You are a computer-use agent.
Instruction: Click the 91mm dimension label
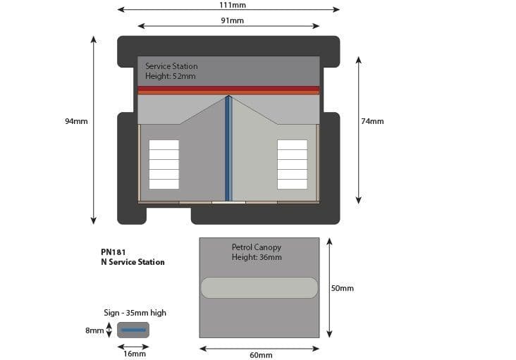(x=232, y=20)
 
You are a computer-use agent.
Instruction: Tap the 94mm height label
(x=76, y=121)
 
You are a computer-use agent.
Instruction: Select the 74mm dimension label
(x=372, y=121)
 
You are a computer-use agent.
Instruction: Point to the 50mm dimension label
(x=342, y=288)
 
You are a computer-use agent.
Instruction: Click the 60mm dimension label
(x=260, y=354)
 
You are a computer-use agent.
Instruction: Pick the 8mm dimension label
(x=94, y=330)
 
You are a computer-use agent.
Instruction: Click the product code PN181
(x=113, y=251)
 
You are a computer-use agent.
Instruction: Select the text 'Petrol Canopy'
(x=256, y=247)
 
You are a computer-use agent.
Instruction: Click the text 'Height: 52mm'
(x=171, y=76)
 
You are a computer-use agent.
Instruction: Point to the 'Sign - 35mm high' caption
(x=135, y=313)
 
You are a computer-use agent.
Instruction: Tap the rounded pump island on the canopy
(x=259, y=287)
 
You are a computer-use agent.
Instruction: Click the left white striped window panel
(x=164, y=164)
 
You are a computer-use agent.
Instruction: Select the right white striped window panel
(x=292, y=164)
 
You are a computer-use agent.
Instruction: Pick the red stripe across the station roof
(x=228, y=90)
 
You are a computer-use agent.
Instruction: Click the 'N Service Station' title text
(x=133, y=262)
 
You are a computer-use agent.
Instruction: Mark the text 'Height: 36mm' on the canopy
(x=257, y=257)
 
